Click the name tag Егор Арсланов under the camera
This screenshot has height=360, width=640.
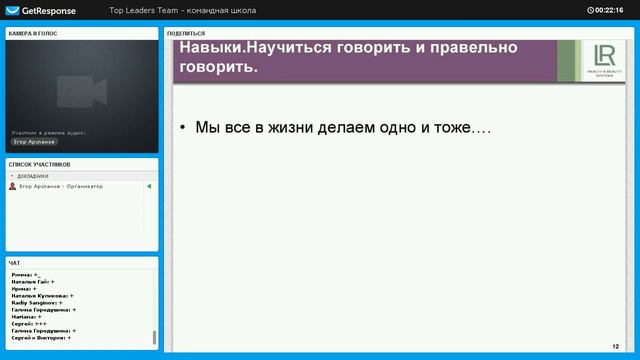tap(34, 142)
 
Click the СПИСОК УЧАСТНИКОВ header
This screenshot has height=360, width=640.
tap(40, 164)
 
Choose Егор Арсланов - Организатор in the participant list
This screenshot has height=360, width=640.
tap(61, 186)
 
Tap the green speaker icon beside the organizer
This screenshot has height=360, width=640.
tap(149, 186)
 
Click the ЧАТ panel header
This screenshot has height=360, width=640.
tap(15, 263)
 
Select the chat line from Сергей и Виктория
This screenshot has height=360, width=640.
tap(39, 338)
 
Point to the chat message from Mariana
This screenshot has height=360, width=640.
tap(26, 317)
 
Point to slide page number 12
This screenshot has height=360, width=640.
tap(615, 344)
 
